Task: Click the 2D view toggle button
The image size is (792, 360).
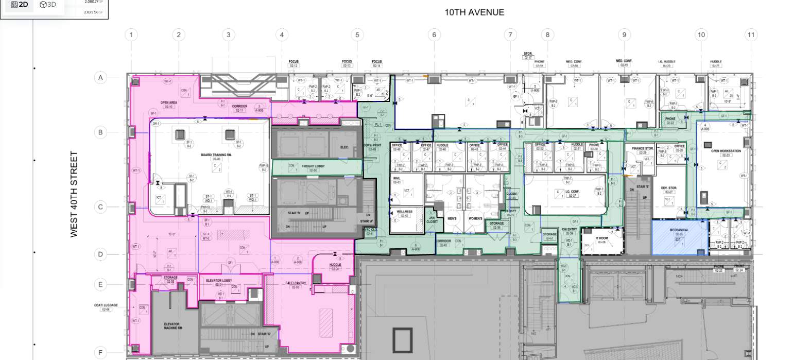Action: (x=20, y=5)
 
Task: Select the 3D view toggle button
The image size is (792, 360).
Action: (x=48, y=5)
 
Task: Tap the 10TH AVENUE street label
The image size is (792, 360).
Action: (x=474, y=12)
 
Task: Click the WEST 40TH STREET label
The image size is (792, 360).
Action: (x=74, y=194)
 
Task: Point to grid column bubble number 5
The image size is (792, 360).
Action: (x=357, y=35)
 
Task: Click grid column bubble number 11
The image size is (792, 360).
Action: (x=751, y=35)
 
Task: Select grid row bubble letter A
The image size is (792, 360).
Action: (x=100, y=78)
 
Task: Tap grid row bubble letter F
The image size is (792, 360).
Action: (x=100, y=353)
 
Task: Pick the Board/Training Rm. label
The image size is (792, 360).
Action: (x=215, y=156)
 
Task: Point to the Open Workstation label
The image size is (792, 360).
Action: (x=726, y=151)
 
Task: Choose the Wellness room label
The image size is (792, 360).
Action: (x=404, y=212)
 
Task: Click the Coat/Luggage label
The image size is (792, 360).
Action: (x=106, y=306)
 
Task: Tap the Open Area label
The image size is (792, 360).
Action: (x=169, y=104)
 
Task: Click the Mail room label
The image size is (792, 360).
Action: (x=397, y=180)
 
